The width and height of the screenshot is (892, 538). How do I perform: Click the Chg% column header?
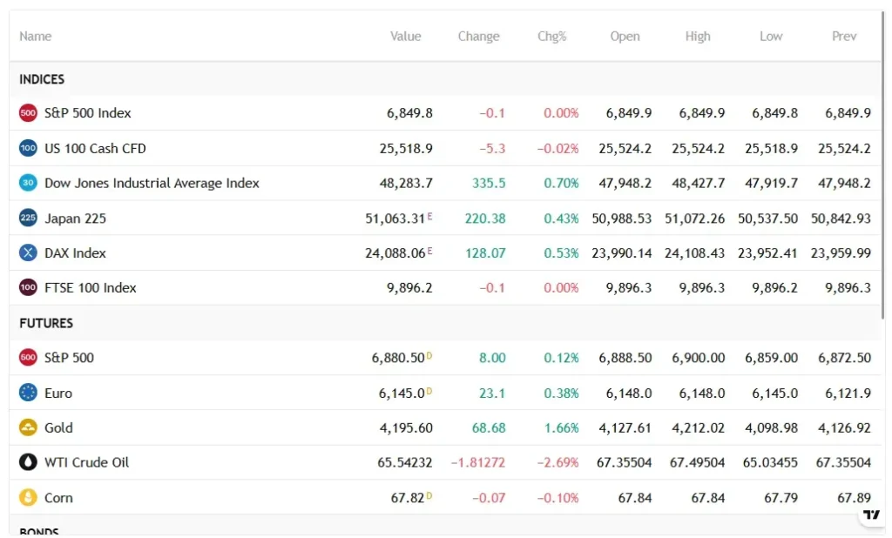point(551,37)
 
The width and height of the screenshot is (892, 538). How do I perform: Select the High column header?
point(698,37)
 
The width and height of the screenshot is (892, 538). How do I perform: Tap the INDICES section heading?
point(42,79)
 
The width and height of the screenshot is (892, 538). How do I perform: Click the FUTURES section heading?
point(46,323)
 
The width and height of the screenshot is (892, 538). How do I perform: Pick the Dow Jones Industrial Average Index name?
point(152,183)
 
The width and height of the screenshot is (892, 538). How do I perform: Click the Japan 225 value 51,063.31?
point(395,219)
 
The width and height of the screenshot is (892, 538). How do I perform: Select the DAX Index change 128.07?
point(485,253)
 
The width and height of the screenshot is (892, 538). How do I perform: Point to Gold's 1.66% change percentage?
point(561,427)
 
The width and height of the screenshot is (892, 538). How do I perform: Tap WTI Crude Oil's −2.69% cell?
point(557,462)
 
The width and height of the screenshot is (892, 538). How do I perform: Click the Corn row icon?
point(28,498)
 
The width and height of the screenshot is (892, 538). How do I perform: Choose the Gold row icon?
point(28,427)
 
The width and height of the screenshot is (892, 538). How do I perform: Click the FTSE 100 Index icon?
point(28,287)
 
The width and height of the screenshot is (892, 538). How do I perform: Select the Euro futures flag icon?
point(28,393)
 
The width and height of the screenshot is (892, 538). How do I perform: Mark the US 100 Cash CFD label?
point(95,148)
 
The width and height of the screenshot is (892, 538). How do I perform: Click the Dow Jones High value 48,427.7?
point(698,183)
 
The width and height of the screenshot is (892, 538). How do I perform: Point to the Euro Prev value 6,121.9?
point(848,393)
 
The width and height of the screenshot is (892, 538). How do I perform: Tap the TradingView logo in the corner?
point(871,514)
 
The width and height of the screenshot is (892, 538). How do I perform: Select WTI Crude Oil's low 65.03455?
point(767,462)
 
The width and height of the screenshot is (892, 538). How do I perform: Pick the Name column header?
point(36,37)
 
